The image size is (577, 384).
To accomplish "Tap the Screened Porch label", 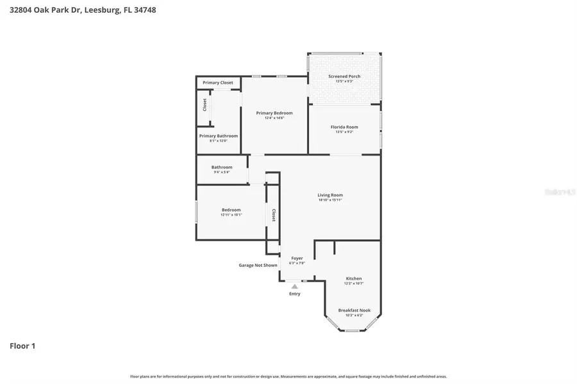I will pyautogui.click(x=344, y=76).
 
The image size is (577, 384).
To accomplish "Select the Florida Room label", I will pyautogui.click(x=344, y=127).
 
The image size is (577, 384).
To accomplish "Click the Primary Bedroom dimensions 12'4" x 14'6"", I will pyautogui.click(x=274, y=118).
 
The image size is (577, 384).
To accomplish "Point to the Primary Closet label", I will pyautogui.click(x=218, y=83).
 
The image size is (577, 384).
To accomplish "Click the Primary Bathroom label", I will pyautogui.click(x=218, y=136).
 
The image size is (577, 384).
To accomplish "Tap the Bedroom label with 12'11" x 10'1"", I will pyautogui.click(x=231, y=210).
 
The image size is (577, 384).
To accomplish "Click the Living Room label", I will pyautogui.click(x=330, y=195).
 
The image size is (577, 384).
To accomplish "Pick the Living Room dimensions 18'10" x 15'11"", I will pyautogui.click(x=330, y=200).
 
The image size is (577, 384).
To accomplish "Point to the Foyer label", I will pyautogui.click(x=297, y=258).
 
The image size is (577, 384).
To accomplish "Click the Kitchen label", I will pyautogui.click(x=354, y=278).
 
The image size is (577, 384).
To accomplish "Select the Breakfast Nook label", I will pyautogui.click(x=355, y=310).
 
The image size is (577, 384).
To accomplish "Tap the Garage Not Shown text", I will pyautogui.click(x=258, y=265).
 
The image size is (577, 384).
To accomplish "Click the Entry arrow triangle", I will pyautogui.click(x=295, y=287).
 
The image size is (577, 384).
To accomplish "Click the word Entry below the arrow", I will pyautogui.click(x=295, y=294).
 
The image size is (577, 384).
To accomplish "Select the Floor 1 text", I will pyautogui.click(x=22, y=346).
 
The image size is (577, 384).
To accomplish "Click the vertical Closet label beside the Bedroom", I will pyautogui.click(x=274, y=216).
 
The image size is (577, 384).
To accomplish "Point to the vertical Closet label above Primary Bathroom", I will pyautogui.click(x=205, y=105).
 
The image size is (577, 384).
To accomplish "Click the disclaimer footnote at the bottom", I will pyautogui.click(x=288, y=376).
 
